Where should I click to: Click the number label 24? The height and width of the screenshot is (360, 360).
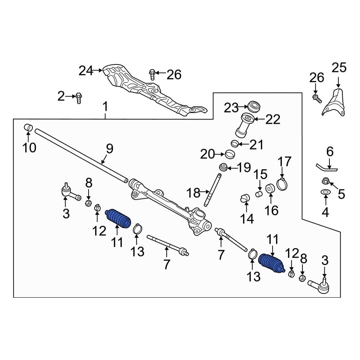click(x=86, y=71)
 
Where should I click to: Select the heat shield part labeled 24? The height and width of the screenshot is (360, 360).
click(x=144, y=88)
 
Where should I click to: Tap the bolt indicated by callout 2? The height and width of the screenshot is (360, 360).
click(x=79, y=98)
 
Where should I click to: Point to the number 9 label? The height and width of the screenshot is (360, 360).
click(x=109, y=148)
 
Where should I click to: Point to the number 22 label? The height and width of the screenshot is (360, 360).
click(x=273, y=120)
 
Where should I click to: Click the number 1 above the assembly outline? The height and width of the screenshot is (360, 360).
click(x=105, y=107)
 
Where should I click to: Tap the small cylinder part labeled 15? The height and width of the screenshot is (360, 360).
click(x=258, y=194)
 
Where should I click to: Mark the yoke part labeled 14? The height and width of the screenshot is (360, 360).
click(x=245, y=198)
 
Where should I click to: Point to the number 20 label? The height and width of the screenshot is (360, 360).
click(x=207, y=154)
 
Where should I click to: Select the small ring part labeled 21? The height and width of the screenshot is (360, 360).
click(x=234, y=144)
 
